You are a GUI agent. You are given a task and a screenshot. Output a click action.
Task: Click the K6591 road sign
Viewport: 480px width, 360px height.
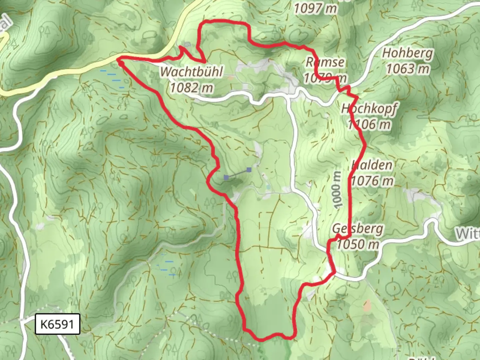click(57, 324)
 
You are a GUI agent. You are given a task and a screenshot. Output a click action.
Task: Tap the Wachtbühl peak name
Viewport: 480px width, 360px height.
click(191, 72)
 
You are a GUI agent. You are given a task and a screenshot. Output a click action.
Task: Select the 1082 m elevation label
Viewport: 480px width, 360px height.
click(191, 88)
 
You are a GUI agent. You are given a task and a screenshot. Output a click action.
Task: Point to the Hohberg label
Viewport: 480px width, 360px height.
click(407, 53)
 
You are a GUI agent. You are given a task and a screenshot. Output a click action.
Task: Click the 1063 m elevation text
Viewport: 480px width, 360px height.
click(407, 69)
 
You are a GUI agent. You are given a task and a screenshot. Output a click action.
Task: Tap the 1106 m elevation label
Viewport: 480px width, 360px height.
click(369, 124)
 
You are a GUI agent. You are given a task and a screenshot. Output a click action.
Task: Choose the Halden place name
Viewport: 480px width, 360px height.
click(372, 165)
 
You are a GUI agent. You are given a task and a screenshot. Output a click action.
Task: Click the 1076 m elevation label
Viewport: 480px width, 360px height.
click(372, 181)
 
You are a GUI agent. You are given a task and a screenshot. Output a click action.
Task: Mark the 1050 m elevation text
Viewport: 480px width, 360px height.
click(358, 244)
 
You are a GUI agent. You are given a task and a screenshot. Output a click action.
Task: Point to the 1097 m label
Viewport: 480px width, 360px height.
click(315, 9)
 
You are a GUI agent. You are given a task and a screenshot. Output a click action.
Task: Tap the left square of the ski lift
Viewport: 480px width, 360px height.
click(226, 177)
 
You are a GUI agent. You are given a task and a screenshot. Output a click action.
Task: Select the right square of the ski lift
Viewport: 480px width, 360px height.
click(249, 170)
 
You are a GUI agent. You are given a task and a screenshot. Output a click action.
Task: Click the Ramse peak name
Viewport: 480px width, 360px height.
click(325, 62)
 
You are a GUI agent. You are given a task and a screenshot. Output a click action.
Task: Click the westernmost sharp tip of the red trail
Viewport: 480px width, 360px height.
click(119, 60)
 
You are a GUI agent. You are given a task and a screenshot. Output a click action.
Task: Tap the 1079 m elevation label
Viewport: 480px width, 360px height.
click(325, 78)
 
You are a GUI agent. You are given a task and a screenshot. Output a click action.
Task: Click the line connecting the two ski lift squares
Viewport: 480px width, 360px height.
click(238, 174)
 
